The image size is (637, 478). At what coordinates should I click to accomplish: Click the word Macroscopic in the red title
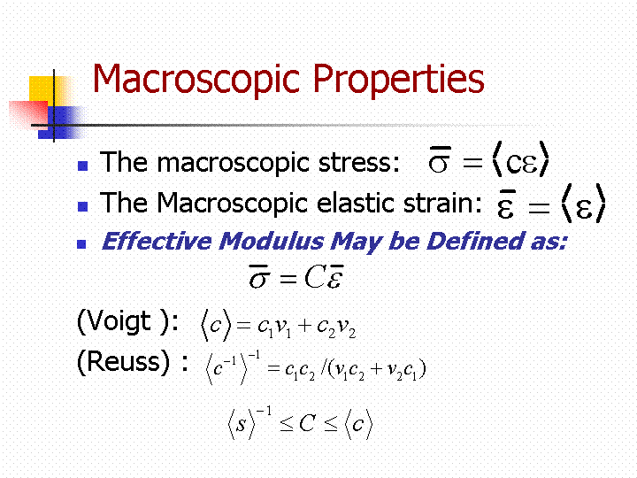point(196,80)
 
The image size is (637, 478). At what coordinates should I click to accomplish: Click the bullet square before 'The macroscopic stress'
point(83,166)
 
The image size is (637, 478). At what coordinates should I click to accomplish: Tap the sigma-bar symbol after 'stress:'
point(440,159)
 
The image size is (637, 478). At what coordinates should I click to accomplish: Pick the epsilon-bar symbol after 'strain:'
point(506,204)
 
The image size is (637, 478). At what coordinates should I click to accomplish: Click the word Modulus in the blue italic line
point(272,241)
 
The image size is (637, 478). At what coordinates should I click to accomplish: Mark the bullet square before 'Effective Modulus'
point(81,244)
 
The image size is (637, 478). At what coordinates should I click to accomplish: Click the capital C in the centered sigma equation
point(315,277)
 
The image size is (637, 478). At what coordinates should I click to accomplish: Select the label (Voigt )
point(127,321)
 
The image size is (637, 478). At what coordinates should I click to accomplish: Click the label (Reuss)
point(123,361)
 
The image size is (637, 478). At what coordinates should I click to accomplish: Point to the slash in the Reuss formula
point(324,367)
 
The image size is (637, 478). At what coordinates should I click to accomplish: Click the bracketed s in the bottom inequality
point(242,425)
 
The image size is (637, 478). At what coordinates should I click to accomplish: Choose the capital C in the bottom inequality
point(308,423)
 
